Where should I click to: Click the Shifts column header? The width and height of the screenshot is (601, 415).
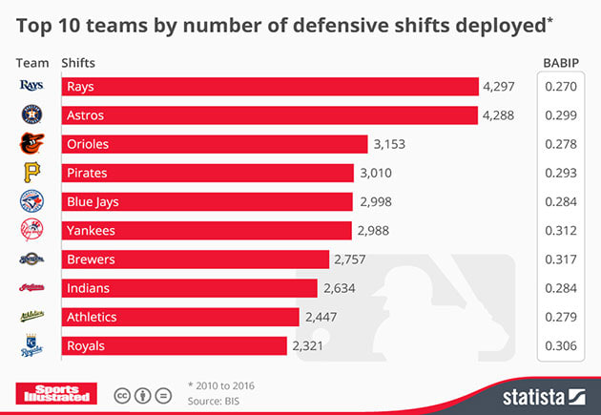tap(78, 63)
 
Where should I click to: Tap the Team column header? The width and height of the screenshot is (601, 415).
tap(32, 63)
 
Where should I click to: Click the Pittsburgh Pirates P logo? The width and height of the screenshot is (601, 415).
tap(31, 173)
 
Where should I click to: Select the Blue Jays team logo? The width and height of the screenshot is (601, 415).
tap(31, 201)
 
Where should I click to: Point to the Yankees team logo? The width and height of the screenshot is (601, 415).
tap(31, 230)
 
